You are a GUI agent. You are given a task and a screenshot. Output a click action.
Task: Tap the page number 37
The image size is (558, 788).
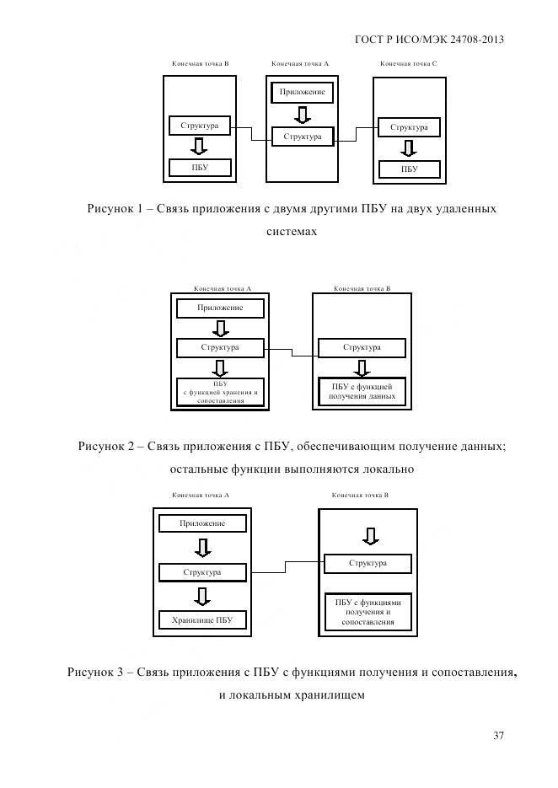tap(498, 736)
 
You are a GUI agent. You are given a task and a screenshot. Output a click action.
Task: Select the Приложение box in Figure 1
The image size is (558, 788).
tap(302, 92)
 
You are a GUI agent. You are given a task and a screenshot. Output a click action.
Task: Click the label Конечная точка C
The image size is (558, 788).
tap(408, 64)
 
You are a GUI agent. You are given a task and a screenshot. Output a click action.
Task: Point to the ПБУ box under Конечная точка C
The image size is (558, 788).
tap(410, 169)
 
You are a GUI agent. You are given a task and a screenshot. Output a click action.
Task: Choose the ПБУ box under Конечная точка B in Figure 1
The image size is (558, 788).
tap(199, 168)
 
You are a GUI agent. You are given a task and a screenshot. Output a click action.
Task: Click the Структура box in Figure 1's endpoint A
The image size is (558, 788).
tap(302, 136)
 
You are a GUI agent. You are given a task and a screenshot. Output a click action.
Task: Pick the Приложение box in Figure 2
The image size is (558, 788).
tap(220, 308)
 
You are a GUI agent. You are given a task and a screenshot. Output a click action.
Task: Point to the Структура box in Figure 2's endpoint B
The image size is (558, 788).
tap(362, 347)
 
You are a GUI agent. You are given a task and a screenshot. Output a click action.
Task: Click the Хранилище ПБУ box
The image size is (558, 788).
tap(202, 621)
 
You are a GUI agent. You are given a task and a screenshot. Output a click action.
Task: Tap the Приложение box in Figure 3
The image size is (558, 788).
tap(202, 523)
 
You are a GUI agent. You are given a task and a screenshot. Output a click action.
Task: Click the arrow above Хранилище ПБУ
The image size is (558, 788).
tap(202, 597)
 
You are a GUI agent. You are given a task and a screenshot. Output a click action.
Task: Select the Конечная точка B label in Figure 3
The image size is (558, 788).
tap(360, 496)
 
